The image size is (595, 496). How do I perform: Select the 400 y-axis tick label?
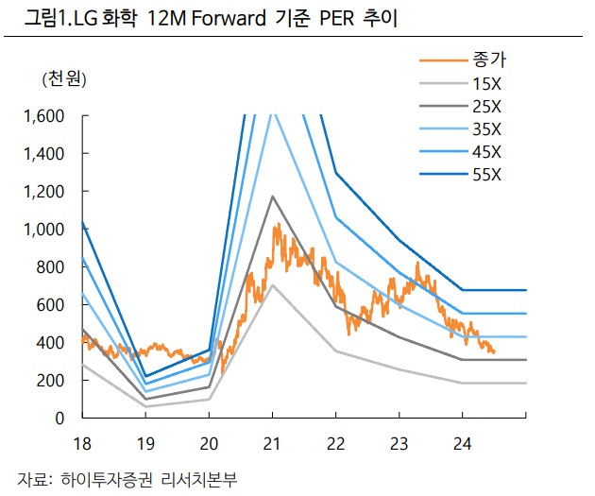[53, 342]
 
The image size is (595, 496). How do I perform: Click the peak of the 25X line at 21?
[272, 197]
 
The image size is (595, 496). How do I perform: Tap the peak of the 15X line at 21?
[272, 284]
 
